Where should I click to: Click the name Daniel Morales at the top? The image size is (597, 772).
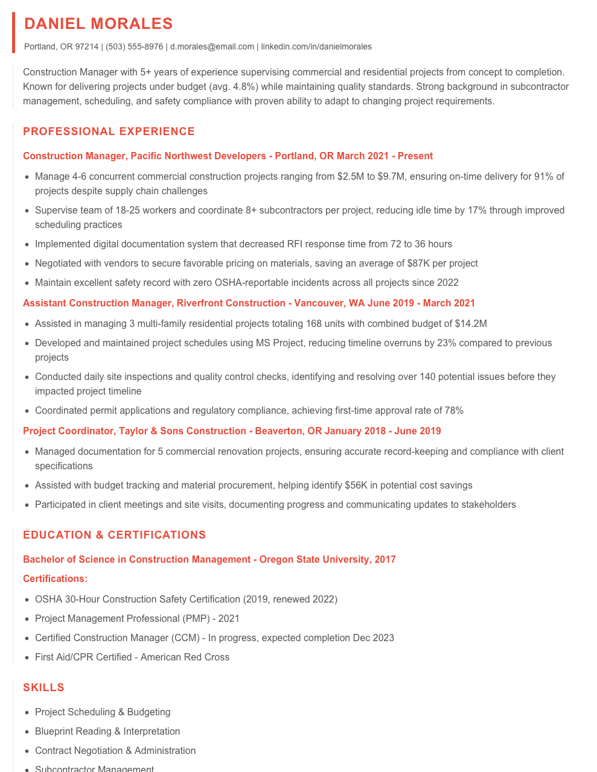click(98, 24)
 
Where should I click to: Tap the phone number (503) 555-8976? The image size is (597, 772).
click(134, 46)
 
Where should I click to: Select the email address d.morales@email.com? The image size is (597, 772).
click(212, 46)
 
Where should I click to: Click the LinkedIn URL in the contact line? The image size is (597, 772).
click(316, 46)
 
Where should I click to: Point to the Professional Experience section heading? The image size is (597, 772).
click(109, 131)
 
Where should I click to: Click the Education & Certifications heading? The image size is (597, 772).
click(114, 535)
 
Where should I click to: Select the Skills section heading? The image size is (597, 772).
click(43, 688)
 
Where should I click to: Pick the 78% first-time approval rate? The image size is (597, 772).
click(454, 411)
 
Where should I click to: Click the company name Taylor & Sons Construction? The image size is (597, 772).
click(182, 431)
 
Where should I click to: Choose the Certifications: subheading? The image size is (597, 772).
click(55, 579)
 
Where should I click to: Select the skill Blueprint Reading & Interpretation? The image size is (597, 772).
click(107, 732)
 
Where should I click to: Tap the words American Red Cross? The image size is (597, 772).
click(185, 657)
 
